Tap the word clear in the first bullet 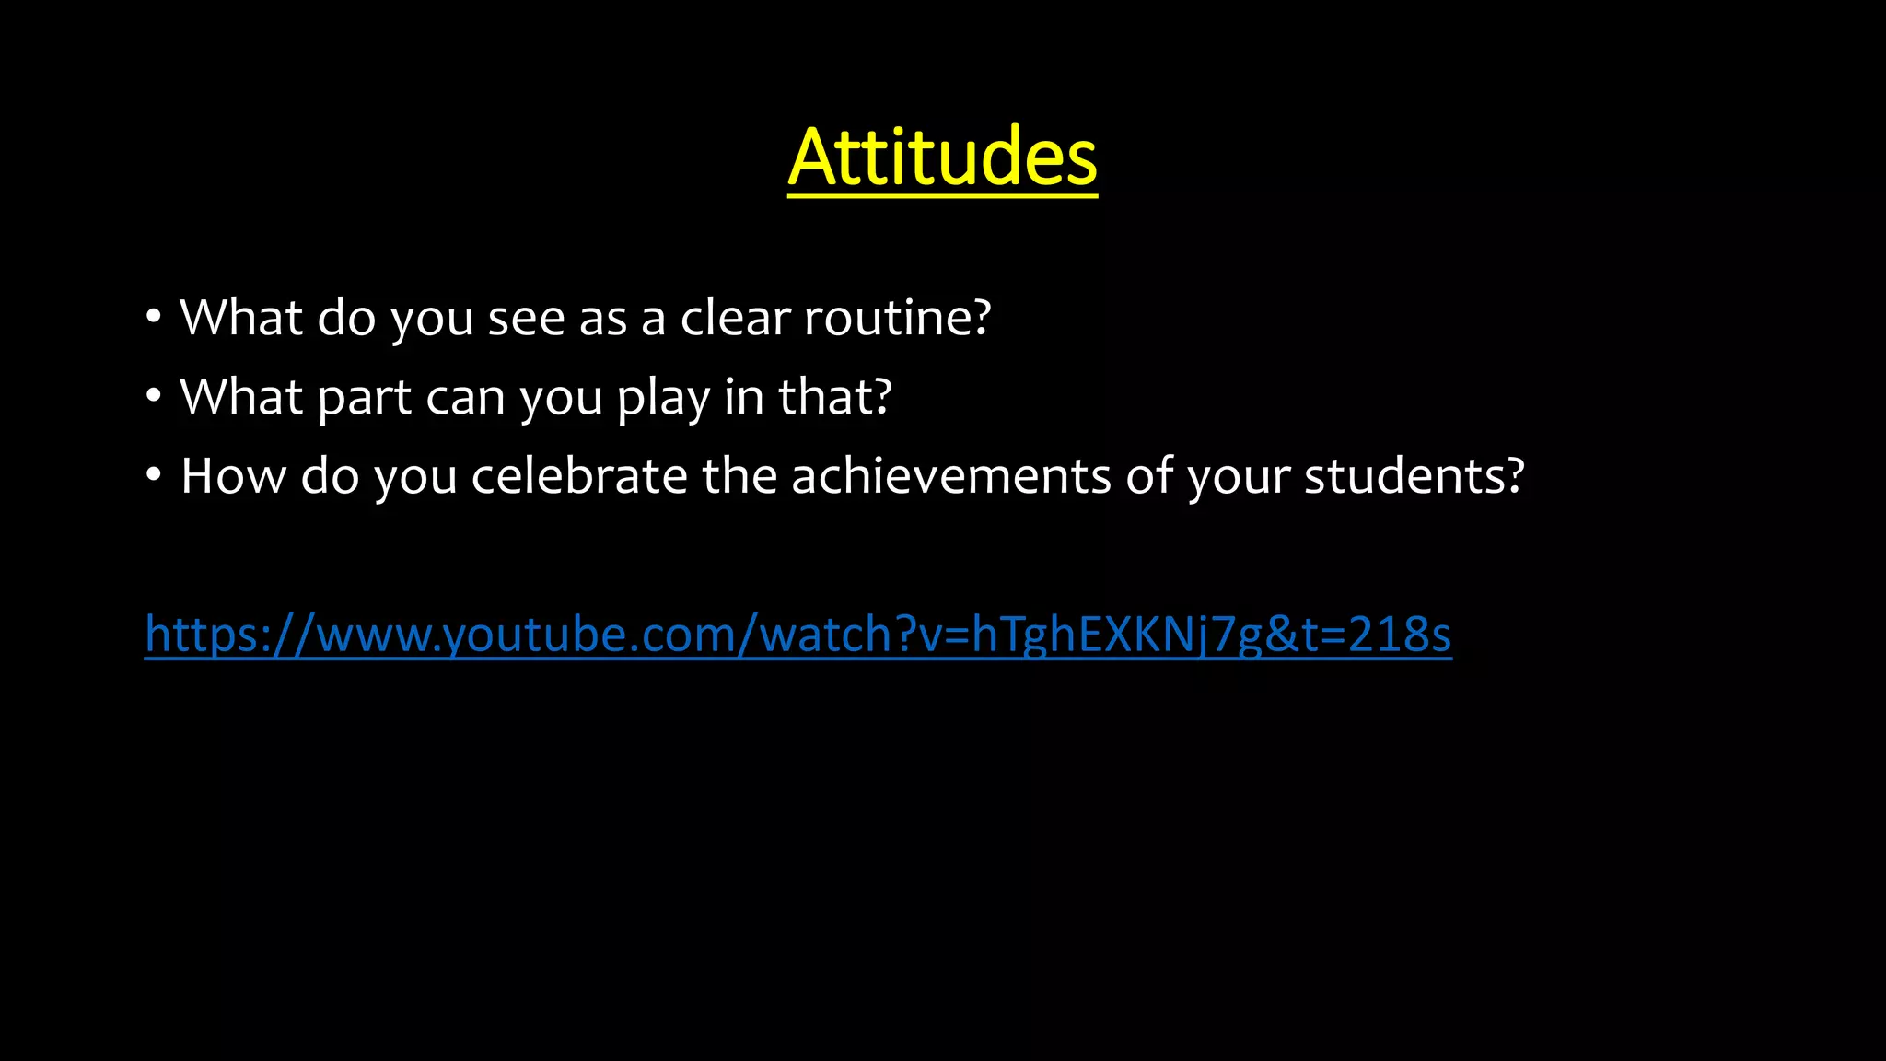(x=735, y=318)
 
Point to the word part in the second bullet (x=364, y=399)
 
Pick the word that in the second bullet (x=825, y=397)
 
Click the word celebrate (x=579, y=476)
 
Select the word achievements (x=950, y=476)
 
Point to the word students (x=1403, y=476)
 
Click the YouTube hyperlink (x=797, y=635)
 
